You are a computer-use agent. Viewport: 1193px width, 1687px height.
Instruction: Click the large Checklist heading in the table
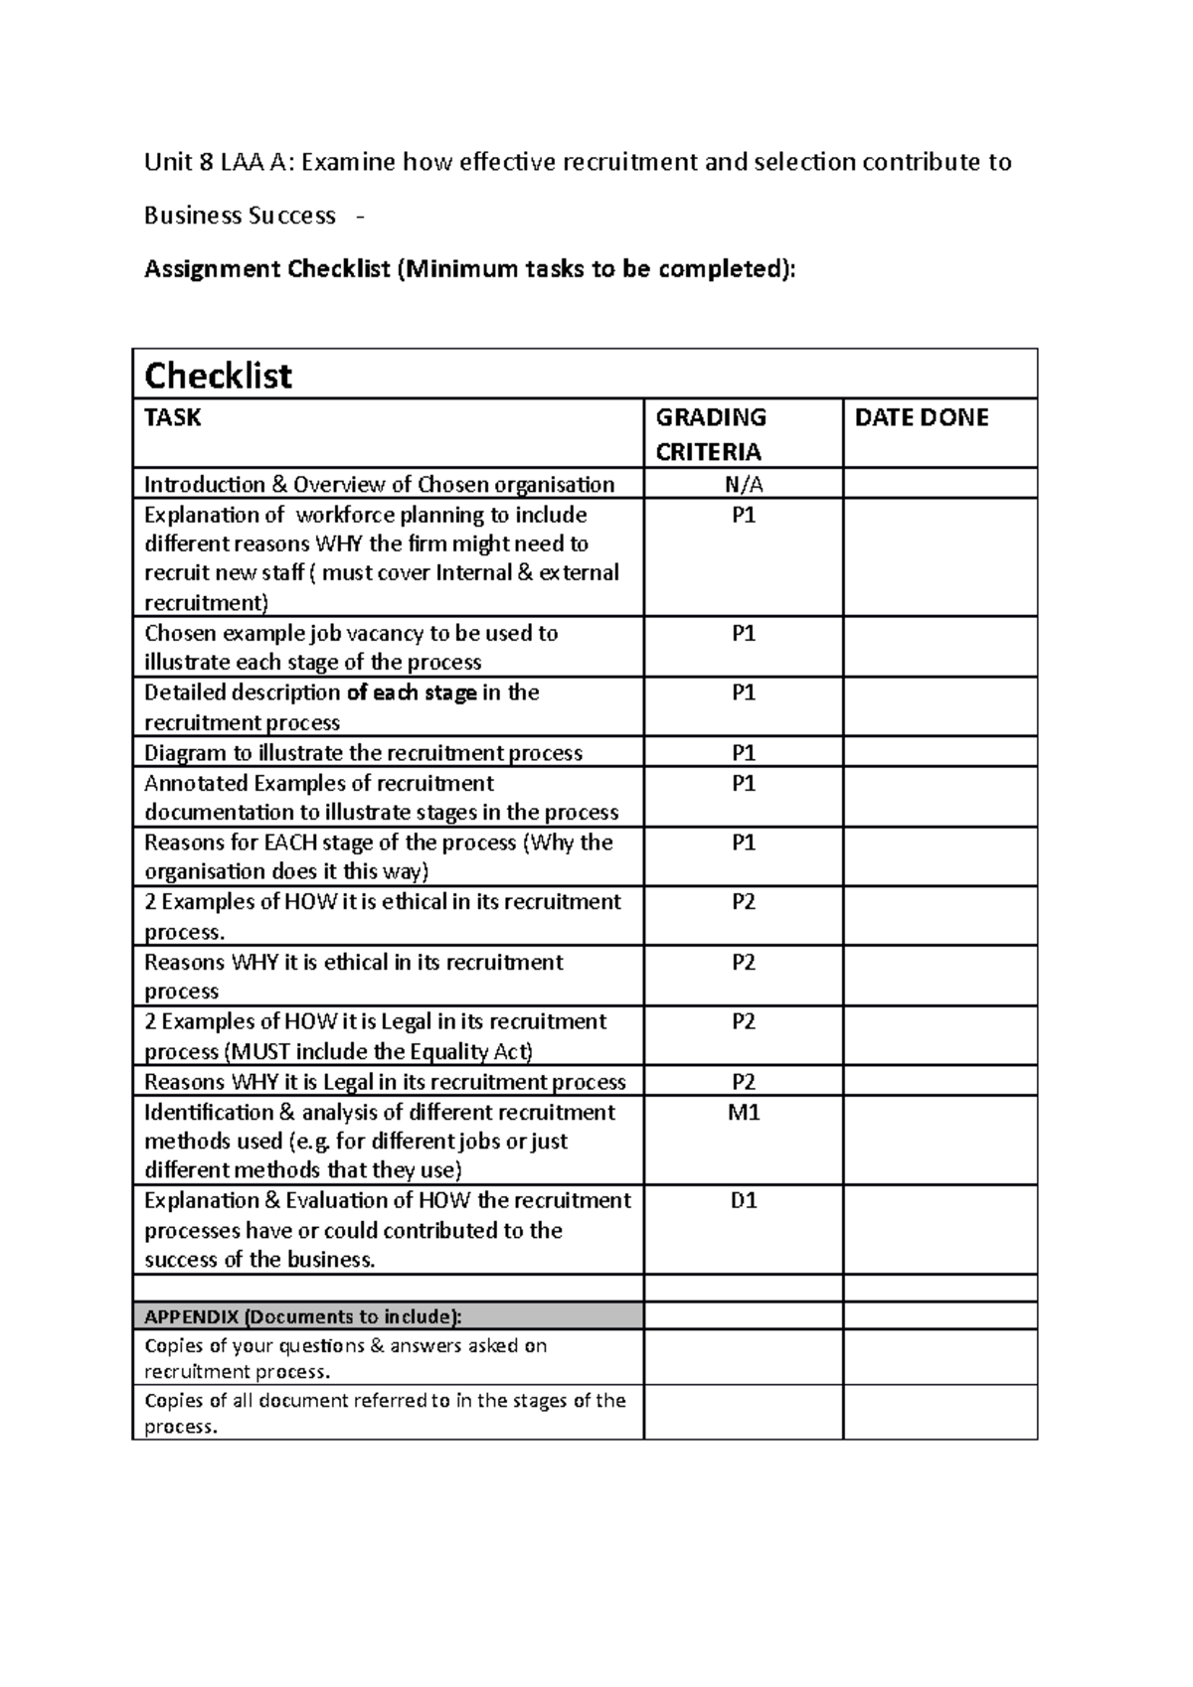[x=218, y=376]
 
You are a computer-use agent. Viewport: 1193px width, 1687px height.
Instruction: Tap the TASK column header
[x=172, y=417]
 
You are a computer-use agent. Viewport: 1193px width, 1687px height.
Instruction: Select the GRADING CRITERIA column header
[x=710, y=434]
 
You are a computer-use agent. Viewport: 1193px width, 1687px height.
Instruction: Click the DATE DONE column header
[x=921, y=417]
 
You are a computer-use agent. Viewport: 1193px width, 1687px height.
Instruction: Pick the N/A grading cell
[x=743, y=485]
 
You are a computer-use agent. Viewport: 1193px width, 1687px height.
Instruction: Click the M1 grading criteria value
[x=743, y=1113]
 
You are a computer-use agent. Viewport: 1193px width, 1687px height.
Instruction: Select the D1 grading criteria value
[x=743, y=1201]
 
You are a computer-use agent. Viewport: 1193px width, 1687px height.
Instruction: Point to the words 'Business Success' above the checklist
[x=240, y=216]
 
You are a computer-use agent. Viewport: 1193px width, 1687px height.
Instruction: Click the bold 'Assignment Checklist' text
[x=266, y=269]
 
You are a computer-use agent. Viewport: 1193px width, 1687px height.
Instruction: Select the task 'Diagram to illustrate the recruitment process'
[x=363, y=753]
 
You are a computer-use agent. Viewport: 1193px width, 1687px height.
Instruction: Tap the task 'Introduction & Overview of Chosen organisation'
[x=379, y=485]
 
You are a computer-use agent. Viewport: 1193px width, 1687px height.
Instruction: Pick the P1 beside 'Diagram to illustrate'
[x=743, y=753]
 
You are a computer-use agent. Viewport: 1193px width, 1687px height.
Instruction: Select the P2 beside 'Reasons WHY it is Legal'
[x=743, y=1082]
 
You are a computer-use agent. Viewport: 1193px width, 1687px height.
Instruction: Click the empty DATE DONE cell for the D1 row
[x=939, y=1229]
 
